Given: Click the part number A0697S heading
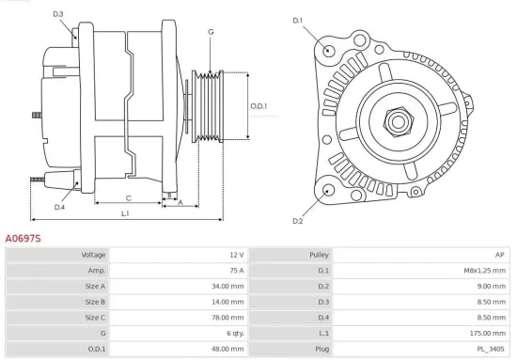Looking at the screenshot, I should point(23,239).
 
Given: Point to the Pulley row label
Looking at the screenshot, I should point(319,255).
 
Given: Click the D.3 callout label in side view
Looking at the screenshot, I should point(58,14).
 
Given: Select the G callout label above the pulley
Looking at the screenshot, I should point(211,32).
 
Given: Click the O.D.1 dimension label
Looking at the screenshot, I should point(258,105).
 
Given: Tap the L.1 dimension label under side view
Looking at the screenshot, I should point(125,214).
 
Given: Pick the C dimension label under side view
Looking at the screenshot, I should point(128,198).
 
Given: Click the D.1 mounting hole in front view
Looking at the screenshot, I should point(328,50).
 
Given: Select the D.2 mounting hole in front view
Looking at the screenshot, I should point(327,190).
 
